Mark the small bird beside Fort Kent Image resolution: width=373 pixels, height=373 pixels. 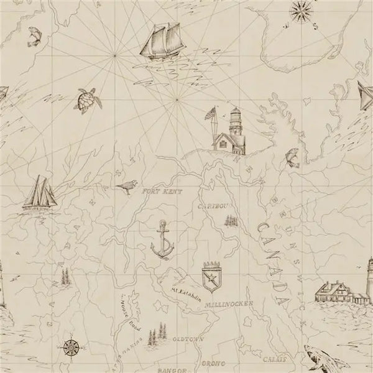[x=128, y=186]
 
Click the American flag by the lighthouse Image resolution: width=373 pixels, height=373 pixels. [x=213, y=113]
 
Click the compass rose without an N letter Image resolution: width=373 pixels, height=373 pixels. [x=70, y=347]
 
